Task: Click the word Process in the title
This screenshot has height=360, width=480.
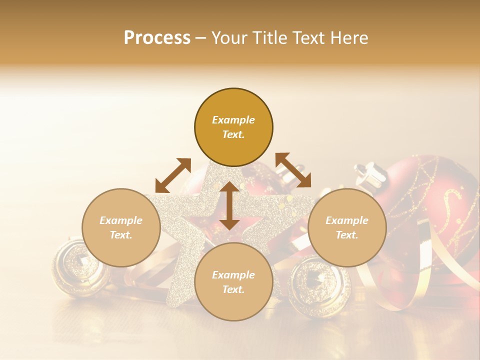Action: pyautogui.click(x=157, y=38)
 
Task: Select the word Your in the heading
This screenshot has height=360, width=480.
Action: pyautogui.click(x=230, y=38)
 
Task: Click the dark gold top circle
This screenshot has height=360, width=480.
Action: pyautogui.click(x=233, y=127)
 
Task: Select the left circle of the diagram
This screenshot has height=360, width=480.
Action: pyautogui.click(x=121, y=227)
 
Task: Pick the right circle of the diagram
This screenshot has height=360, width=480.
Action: pyautogui.click(x=346, y=227)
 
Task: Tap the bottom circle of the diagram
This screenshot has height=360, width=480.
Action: pyautogui.click(x=233, y=282)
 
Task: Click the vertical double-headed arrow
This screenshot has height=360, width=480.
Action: pyautogui.click(x=229, y=205)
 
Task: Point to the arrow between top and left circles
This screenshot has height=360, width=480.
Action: pyautogui.click(x=173, y=175)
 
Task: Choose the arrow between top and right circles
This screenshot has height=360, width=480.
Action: pyautogui.click(x=293, y=170)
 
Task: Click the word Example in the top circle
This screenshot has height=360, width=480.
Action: pyautogui.click(x=233, y=120)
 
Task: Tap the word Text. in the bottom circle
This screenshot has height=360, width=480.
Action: pyautogui.click(x=233, y=289)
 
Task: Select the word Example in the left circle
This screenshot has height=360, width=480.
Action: pyautogui.click(x=121, y=220)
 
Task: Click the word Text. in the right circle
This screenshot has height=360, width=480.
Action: pyautogui.click(x=346, y=235)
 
